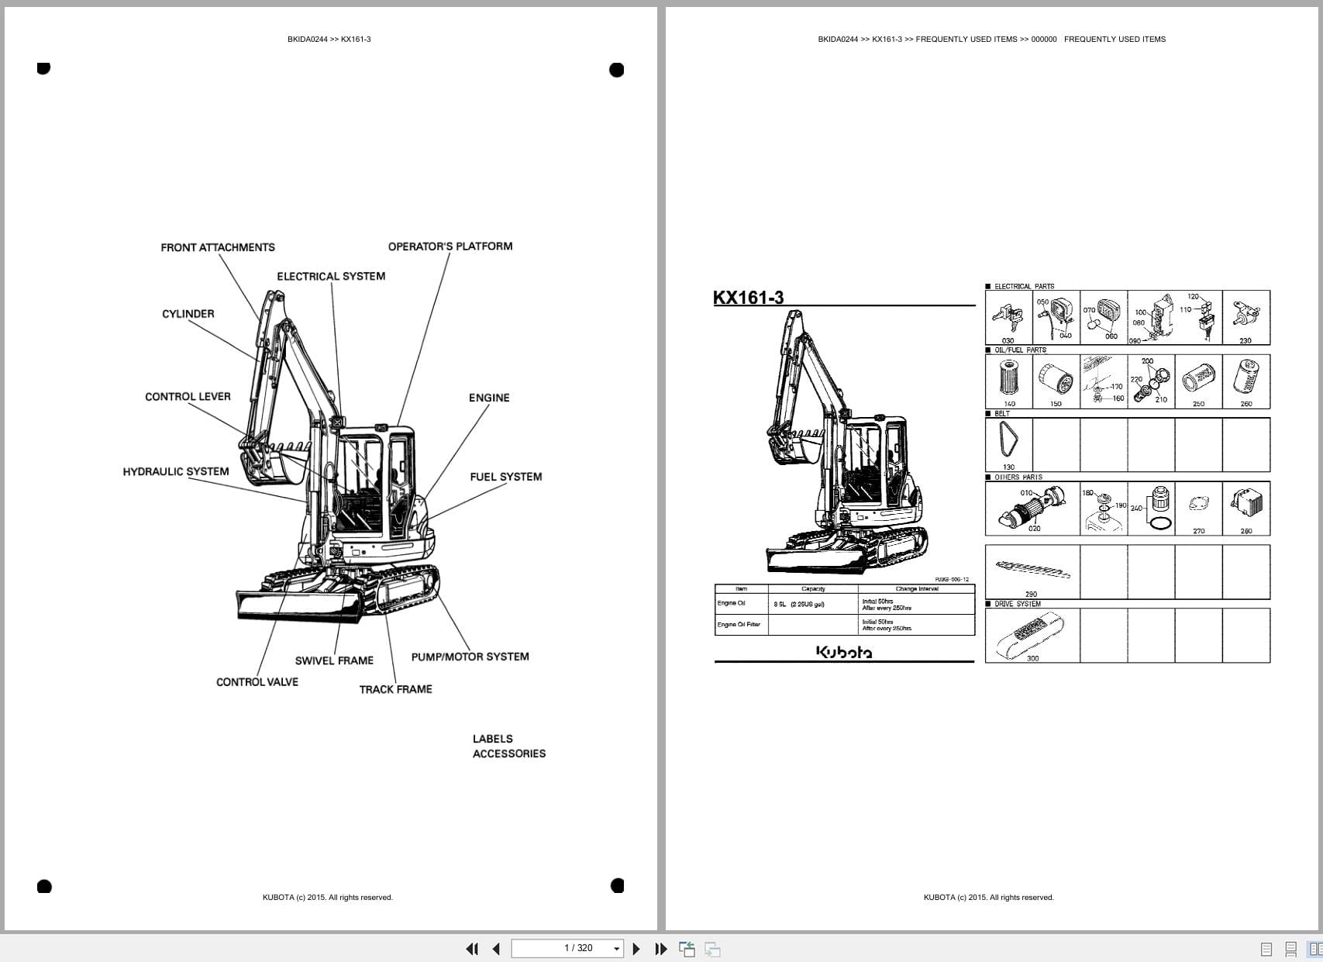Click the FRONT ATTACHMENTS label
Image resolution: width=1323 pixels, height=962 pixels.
click(218, 247)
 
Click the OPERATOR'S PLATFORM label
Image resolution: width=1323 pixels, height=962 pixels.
click(450, 247)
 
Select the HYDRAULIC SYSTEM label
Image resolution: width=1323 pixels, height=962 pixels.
click(176, 471)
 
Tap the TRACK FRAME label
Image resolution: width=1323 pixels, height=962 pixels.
click(395, 689)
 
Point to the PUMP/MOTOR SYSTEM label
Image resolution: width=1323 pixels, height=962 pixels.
click(470, 657)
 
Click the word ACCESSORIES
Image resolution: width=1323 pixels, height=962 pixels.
click(508, 753)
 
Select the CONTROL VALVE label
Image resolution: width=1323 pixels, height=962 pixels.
click(257, 682)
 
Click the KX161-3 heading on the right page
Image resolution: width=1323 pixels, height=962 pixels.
click(748, 298)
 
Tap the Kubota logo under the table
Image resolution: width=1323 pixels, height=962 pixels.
click(843, 653)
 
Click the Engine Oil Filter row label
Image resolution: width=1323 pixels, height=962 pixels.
click(739, 625)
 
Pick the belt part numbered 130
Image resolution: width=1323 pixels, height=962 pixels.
click(1008, 443)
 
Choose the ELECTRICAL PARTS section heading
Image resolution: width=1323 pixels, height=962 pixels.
click(1024, 286)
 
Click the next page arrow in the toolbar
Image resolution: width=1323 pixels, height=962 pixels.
click(636, 949)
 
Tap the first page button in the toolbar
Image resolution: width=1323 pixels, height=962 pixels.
click(471, 949)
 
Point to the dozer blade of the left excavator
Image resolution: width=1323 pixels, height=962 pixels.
click(298, 605)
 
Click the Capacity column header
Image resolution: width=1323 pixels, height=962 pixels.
click(813, 589)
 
